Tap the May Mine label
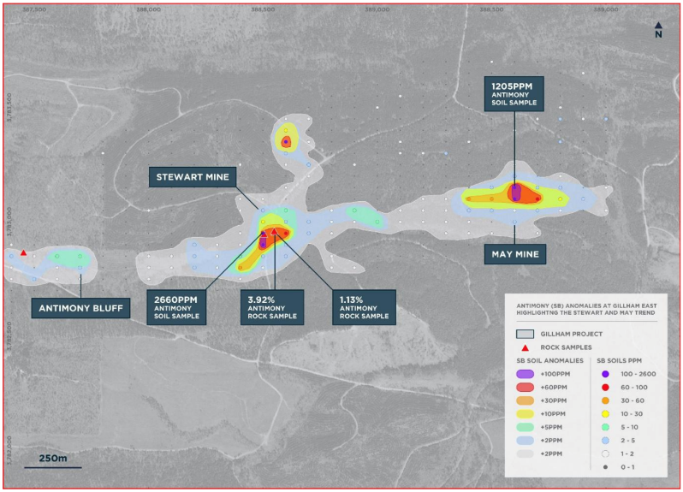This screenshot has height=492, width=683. coord(514,253)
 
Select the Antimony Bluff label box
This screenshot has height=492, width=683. coord(80,307)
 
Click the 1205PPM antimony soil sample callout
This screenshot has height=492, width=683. coord(514,94)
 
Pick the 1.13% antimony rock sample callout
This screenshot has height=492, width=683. coord(363,305)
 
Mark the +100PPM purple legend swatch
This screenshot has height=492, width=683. coord(525,374)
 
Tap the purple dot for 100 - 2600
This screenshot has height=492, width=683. coord(605,374)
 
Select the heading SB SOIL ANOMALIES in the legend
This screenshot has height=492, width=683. coord(548,360)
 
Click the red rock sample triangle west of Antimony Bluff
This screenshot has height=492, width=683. coord(23,252)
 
